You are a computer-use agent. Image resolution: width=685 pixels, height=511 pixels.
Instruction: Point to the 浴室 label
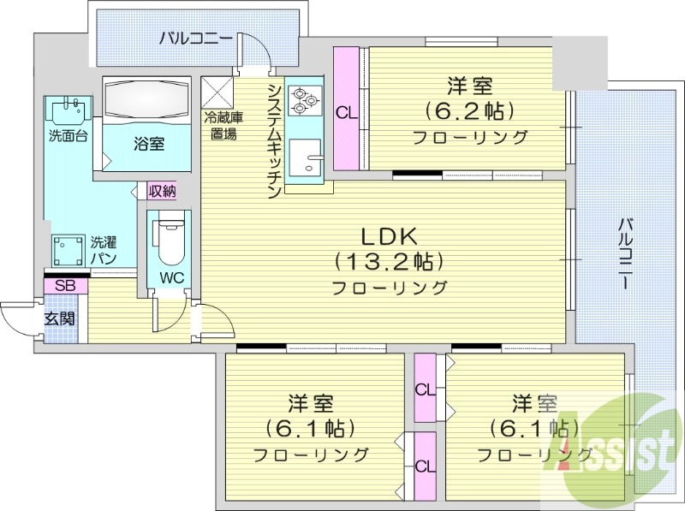(149, 143)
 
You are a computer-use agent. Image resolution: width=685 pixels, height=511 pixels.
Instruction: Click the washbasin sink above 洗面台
(68, 112)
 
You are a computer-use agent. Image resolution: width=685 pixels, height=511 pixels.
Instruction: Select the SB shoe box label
(65, 286)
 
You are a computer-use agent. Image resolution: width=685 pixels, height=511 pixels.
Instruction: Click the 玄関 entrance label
(60, 318)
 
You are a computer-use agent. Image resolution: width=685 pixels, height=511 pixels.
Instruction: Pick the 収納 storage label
(161, 191)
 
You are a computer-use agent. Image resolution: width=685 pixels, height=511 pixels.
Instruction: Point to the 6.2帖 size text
(469, 110)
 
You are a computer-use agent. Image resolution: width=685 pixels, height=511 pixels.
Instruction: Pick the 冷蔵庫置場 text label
(221, 126)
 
